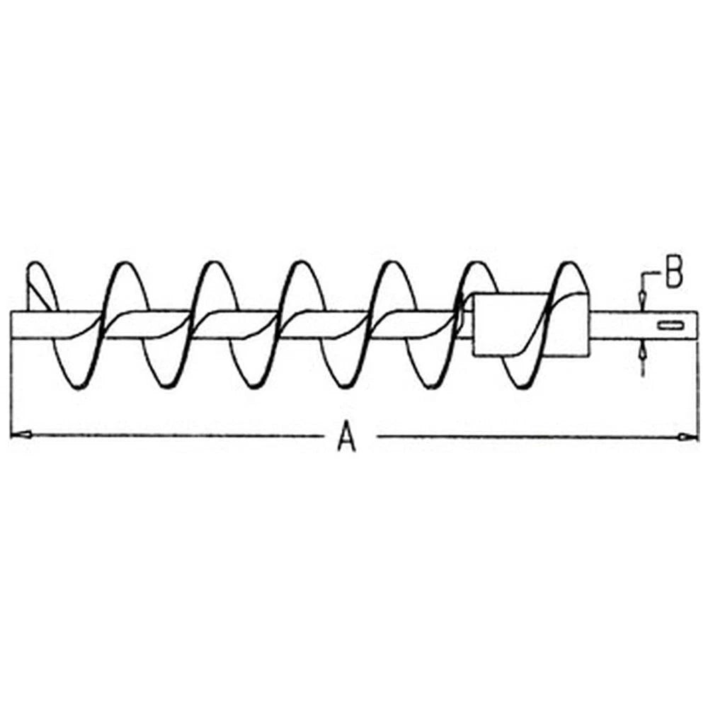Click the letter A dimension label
click(x=346, y=436)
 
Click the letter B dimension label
click(x=674, y=273)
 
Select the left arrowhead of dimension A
click(x=21, y=435)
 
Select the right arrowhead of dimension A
click(x=688, y=437)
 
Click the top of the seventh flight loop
click(x=570, y=263)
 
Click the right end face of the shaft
click(x=697, y=324)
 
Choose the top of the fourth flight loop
click(x=302, y=263)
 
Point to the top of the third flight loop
click(x=214, y=263)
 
